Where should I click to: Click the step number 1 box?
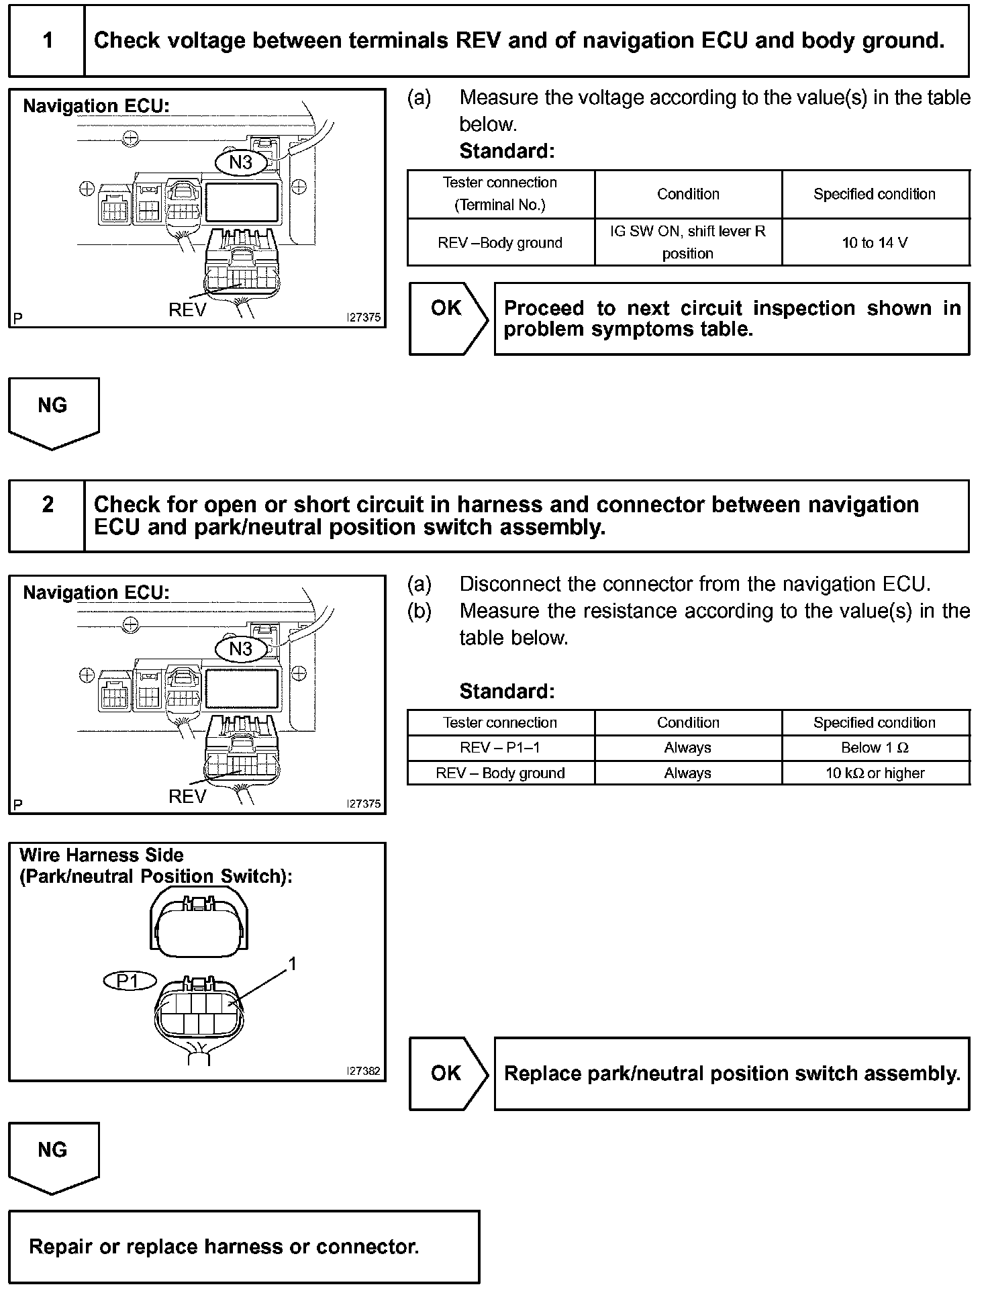[x=47, y=41]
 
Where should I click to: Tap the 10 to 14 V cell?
[x=875, y=242]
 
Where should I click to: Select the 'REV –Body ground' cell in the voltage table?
[x=500, y=242]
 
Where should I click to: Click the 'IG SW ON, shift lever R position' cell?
[x=687, y=242]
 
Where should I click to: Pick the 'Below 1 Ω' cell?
[x=875, y=748]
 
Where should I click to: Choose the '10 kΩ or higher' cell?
[x=875, y=773]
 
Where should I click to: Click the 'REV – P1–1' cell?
[x=500, y=748]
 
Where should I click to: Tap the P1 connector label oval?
[x=129, y=981]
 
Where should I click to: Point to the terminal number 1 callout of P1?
[x=292, y=964]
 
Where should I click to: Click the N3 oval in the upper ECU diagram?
[x=240, y=162]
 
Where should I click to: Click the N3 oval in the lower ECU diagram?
[x=240, y=649]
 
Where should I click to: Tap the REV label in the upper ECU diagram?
[x=187, y=310]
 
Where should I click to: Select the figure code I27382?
[x=363, y=1071]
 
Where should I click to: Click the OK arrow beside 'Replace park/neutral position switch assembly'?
[x=448, y=1073]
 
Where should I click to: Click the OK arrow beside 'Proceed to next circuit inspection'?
[x=448, y=318]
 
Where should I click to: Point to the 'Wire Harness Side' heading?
[x=101, y=855]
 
